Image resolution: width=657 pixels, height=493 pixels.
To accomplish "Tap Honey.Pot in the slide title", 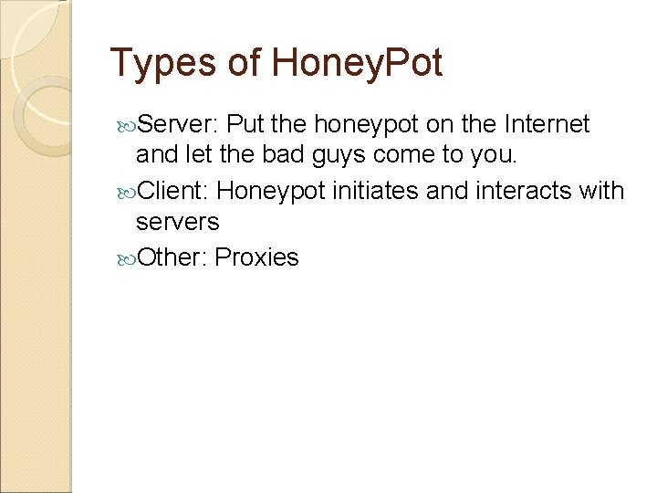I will click(357, 64).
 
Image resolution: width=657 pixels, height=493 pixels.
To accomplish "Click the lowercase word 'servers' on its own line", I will click(177, 223).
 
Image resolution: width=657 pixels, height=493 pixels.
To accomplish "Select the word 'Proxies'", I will click(257, 257).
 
